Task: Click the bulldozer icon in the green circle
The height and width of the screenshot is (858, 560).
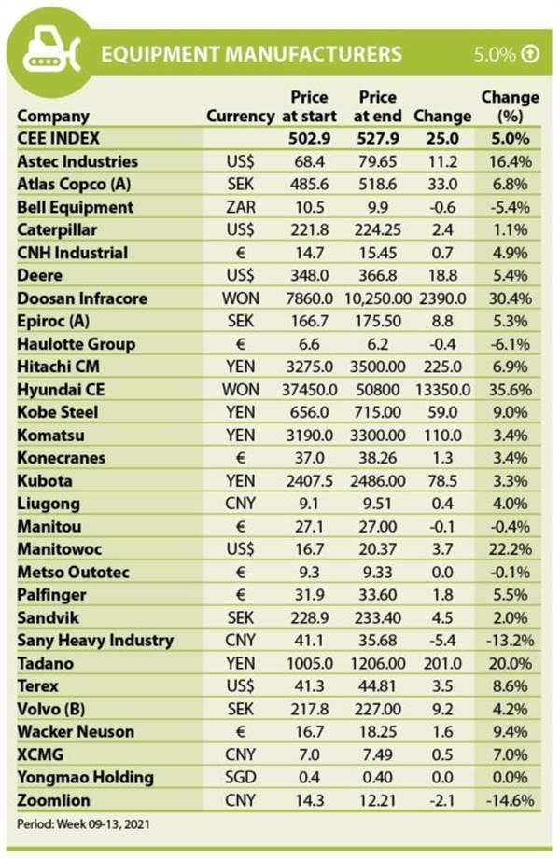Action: coord(50,51)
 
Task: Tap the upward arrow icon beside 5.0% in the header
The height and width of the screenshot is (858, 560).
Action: coord(530,54)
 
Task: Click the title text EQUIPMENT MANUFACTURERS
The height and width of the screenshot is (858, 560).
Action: coord(251,54)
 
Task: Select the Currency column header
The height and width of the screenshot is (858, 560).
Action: coord(240,116)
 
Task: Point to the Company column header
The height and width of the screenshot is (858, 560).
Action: coord(53,117)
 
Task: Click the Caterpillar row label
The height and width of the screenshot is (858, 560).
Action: coord(57,229)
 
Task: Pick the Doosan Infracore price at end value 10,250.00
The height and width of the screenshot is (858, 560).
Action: coord(378,298)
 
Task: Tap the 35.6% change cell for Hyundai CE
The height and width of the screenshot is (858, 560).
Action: coord(510,390)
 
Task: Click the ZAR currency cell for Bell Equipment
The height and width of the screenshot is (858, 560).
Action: coord(240,207)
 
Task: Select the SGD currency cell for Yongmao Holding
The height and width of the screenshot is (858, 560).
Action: coord(240,778)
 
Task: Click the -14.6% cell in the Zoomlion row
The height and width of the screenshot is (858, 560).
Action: coord(510,800)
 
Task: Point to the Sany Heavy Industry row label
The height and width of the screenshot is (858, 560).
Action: coord(95,641)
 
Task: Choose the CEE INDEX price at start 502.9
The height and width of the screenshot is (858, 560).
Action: coord(309,138)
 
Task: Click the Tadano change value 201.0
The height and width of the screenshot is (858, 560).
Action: coord(442,664)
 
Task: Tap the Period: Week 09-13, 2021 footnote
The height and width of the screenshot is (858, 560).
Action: coord(83,823)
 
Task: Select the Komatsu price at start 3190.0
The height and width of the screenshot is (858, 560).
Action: coord(309,436)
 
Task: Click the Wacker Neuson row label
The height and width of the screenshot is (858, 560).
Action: coord(76,731)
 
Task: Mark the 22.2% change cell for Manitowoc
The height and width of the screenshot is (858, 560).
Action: coord(510,549)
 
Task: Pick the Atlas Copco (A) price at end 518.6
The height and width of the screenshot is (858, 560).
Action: coord(378,185)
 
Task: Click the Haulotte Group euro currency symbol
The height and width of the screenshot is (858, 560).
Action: coord(240,344)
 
